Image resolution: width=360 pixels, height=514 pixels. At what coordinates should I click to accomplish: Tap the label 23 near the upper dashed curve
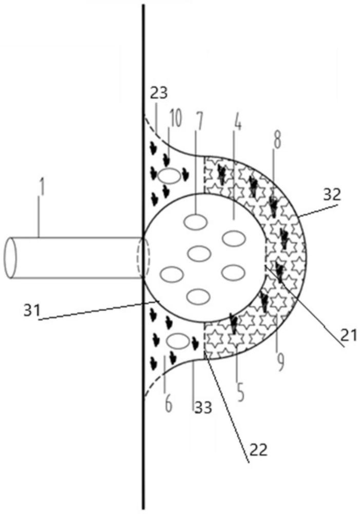point(159,93)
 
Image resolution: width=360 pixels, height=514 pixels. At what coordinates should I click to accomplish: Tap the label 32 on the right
point(332,195)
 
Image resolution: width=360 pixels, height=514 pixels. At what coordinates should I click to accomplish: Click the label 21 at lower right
point(349,335)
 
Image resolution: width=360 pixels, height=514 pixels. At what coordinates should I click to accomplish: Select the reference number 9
point(280,362)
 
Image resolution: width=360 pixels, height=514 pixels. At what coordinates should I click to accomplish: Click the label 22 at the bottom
point(259,450)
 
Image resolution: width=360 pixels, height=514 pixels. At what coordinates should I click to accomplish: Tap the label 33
point(204,408)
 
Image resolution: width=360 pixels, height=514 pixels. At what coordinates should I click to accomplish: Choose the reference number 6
point(168,404)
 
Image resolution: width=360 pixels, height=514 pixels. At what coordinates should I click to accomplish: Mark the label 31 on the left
point(32,310)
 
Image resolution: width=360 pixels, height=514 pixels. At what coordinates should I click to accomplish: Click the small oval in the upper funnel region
point(169,176)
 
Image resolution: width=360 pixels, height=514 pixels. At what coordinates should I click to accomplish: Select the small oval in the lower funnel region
point(178,341)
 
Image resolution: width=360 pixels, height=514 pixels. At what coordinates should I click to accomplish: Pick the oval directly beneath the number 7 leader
point(196,222)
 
